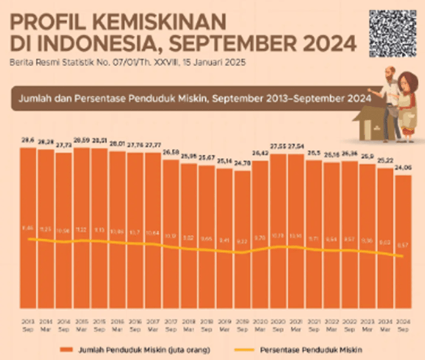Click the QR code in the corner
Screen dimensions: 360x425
(393, 34)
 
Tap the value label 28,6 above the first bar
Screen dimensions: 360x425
(28, 141)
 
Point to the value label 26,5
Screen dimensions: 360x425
(314, 153)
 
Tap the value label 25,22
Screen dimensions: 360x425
(384, 161)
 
